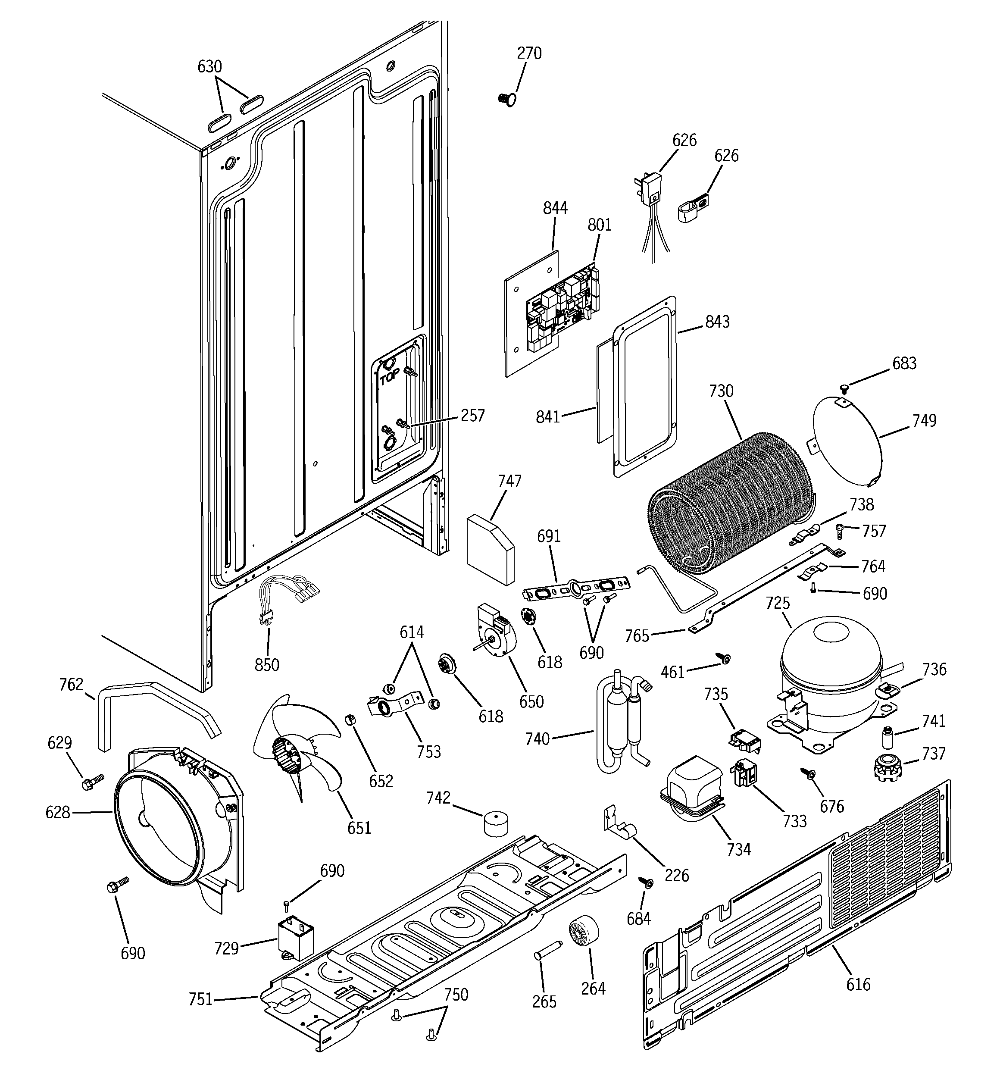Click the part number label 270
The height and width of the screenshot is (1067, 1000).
[x=529, y=53]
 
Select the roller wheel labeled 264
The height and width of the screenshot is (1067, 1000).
[x=584, y=934]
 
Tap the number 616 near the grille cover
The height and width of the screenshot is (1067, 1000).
[x=858, y=984]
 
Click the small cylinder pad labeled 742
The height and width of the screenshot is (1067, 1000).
[x=497, y=824]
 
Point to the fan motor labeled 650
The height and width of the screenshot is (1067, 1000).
[x=494, y=633]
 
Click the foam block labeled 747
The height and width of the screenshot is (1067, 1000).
[x=490, y=548]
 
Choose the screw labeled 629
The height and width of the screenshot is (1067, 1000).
[x=91, y=782]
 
